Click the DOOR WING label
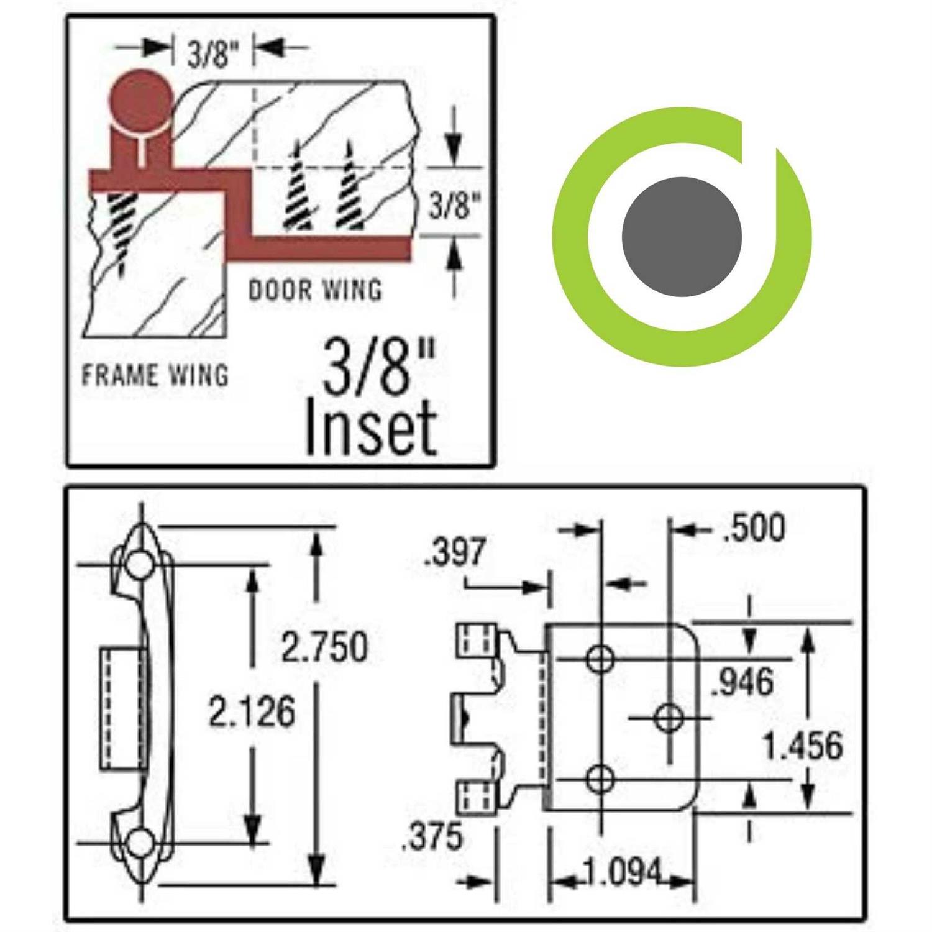pos(315,290)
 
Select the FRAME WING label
pos(155,375)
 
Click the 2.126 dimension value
pos(252,712)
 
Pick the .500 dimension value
pos(754,528)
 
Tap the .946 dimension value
pos(743,682)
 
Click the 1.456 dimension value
pos(803,746)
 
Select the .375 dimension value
pos(432,836)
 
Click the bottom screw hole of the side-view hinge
pos(140,843)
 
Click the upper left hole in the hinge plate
pos(600,658)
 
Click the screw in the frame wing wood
pos(121,227)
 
